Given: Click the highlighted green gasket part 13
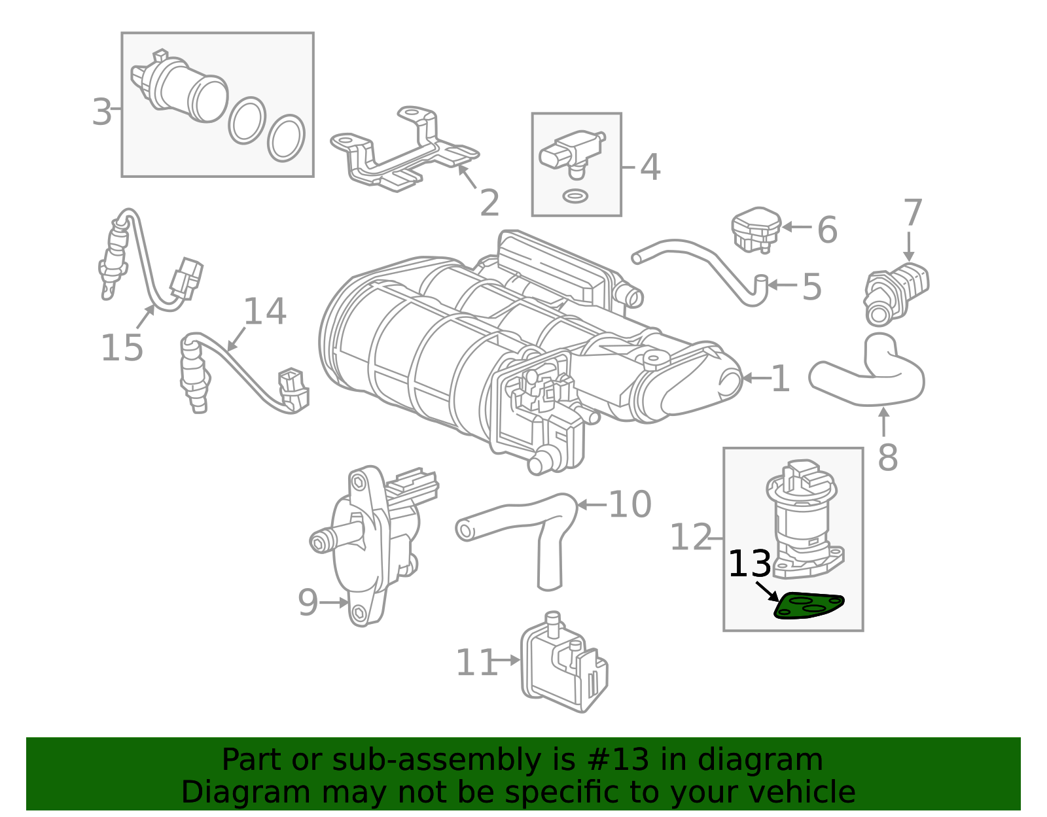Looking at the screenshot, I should point(809,606).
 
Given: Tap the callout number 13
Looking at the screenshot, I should point(750,564).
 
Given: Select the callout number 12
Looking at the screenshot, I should point(691,538).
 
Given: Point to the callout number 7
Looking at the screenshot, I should point(912,213).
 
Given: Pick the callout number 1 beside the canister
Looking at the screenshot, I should point(780,379).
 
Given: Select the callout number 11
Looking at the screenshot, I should point(476,663).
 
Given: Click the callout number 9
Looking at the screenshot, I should point(308,602).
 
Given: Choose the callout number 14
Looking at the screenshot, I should point(265,311).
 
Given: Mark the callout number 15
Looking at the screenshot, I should point(122,347).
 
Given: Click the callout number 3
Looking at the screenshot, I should point(102,112).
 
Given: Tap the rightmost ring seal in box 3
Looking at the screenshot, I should point(286,138).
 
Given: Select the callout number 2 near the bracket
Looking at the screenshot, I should point(489,203).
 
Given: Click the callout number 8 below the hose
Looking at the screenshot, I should point(887,457).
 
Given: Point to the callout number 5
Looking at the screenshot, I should point(811,287).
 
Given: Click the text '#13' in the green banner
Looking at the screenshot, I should point(618,760).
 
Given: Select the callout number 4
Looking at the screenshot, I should point(650,167).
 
